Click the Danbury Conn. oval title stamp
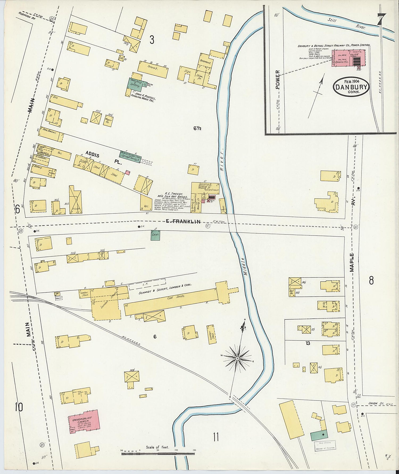coord(351,86)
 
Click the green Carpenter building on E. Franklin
coord(155,235)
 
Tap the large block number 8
coord(371,281)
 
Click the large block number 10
coord(19,407)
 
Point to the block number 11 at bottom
coord(216,437)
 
